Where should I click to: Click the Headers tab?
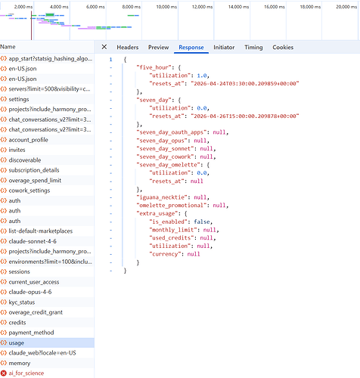point(128,48)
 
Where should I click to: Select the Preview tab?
point(158,48)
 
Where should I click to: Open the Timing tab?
point(253,48)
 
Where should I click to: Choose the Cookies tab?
point(283,48)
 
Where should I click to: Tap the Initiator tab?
point(224,48)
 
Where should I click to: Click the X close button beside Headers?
point(104,47)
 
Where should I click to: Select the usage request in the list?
point(17,343)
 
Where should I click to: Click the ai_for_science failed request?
point(26,373)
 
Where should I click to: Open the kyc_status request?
point(22,302)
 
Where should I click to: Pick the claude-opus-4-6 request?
point(30,292)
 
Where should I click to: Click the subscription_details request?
point(34,170)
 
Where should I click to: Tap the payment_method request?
point(31,333)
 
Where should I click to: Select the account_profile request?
point(28,140)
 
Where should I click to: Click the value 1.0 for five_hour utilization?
point(202,76)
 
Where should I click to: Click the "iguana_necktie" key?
point(160,197)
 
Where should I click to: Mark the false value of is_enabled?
point(202,222)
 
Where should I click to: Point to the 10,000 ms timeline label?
point(166,7)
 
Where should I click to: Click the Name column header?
point(8,47)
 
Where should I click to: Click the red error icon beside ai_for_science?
point(4,373)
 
